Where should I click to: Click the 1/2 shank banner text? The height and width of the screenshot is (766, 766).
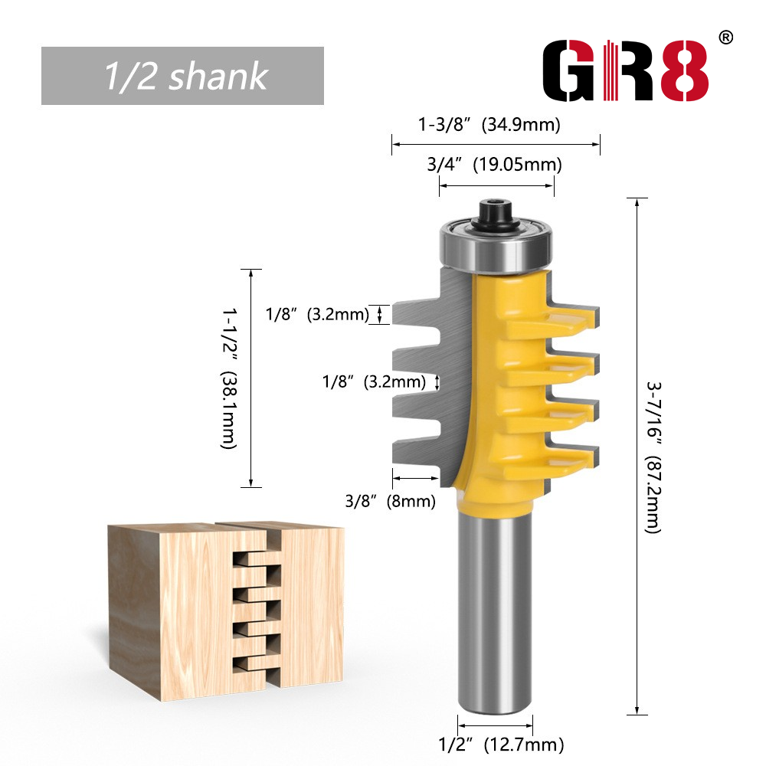(186, 76)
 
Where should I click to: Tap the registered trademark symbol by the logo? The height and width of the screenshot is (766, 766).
(726, 38)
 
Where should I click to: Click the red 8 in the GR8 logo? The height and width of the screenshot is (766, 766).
(684, 70)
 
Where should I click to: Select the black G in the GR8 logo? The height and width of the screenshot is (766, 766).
(569, 70)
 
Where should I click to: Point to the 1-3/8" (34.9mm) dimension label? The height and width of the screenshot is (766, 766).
(489, 125)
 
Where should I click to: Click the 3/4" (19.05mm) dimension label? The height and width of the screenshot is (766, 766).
(494, 165)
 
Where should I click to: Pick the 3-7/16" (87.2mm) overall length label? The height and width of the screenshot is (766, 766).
(653, 458)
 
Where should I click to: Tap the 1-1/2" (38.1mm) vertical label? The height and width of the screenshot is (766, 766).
(228, 378)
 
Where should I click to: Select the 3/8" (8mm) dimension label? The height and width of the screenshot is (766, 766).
(390, 501)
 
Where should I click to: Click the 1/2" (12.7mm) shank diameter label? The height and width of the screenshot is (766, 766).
(501, 745)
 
